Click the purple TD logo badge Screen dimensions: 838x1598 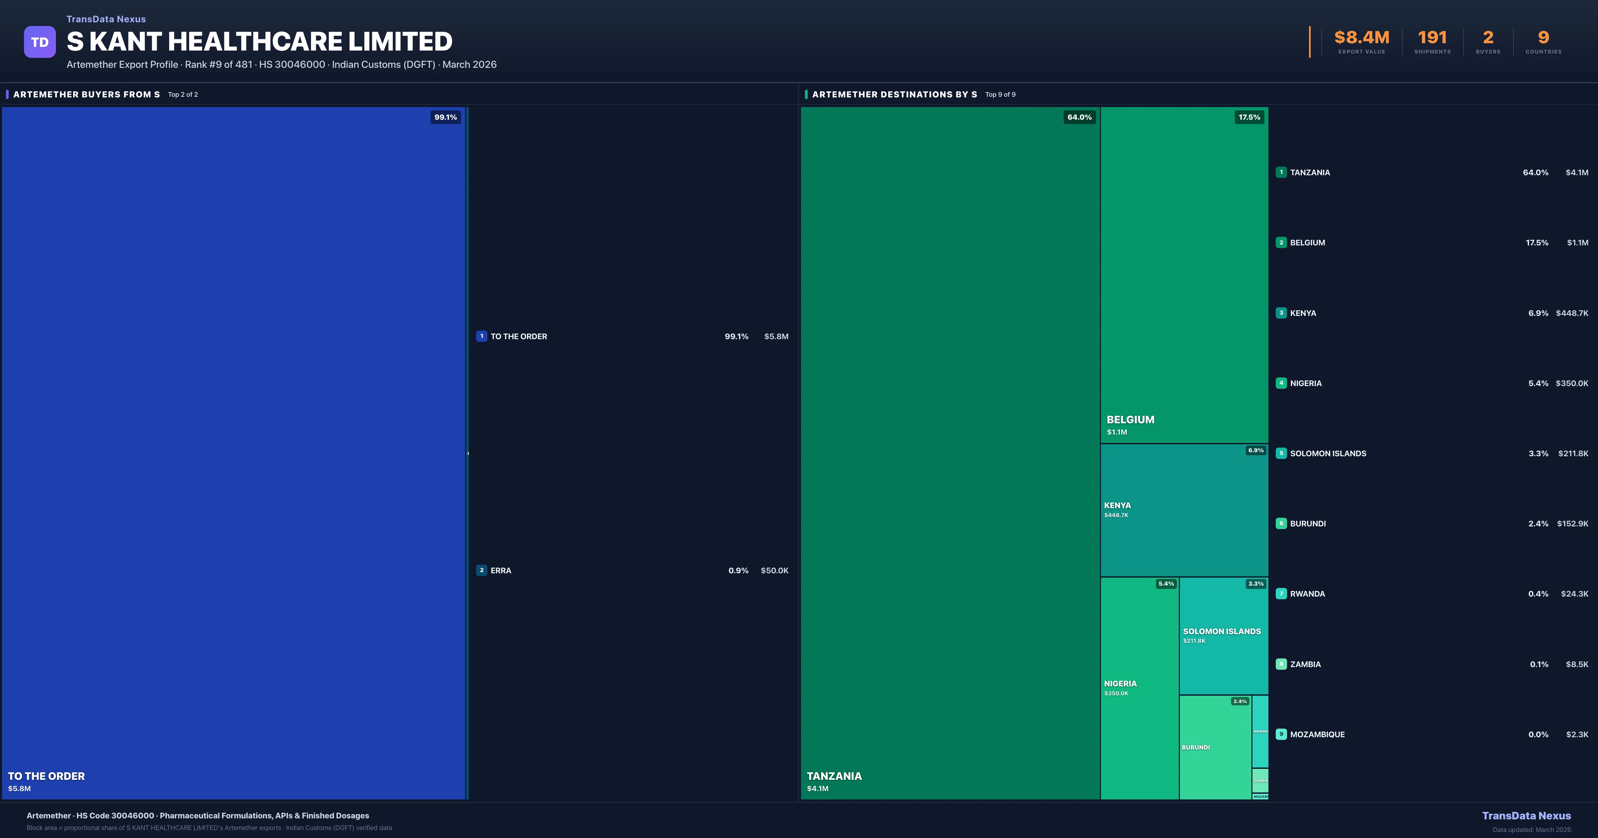40,42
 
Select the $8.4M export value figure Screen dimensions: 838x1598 1362,38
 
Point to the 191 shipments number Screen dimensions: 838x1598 1432,38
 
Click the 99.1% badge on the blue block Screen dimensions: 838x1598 445,117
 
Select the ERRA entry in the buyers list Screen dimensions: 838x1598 501,570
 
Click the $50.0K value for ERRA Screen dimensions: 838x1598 774,570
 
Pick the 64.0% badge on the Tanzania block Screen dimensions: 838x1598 1079,117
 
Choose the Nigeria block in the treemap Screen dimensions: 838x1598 1139,688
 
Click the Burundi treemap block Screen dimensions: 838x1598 1214,747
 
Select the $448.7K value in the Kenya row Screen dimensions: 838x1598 1572,313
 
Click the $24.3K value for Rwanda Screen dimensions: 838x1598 1574,594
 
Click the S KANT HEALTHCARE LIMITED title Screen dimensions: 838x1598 259,42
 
